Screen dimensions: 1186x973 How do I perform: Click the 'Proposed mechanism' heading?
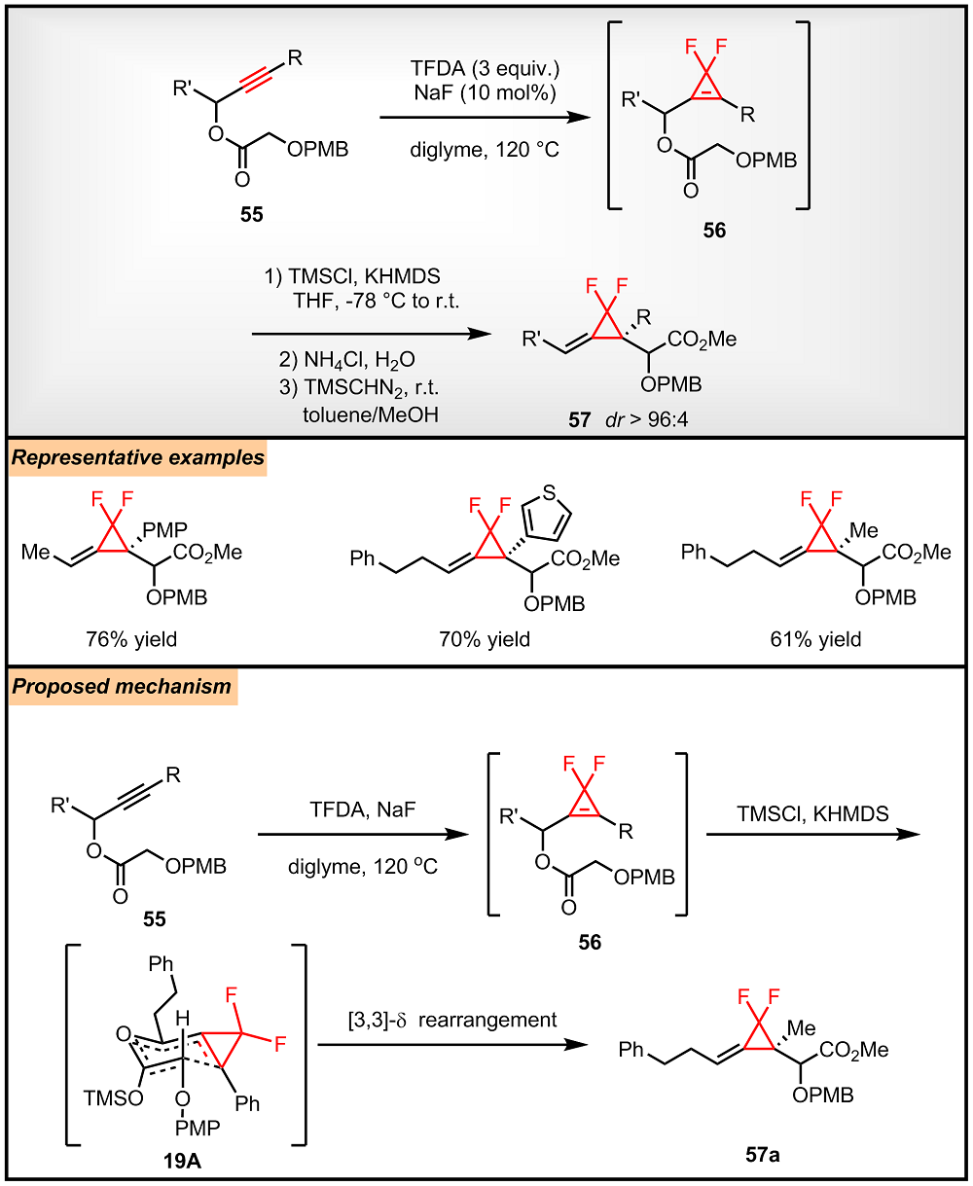[x=124, y=687]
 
